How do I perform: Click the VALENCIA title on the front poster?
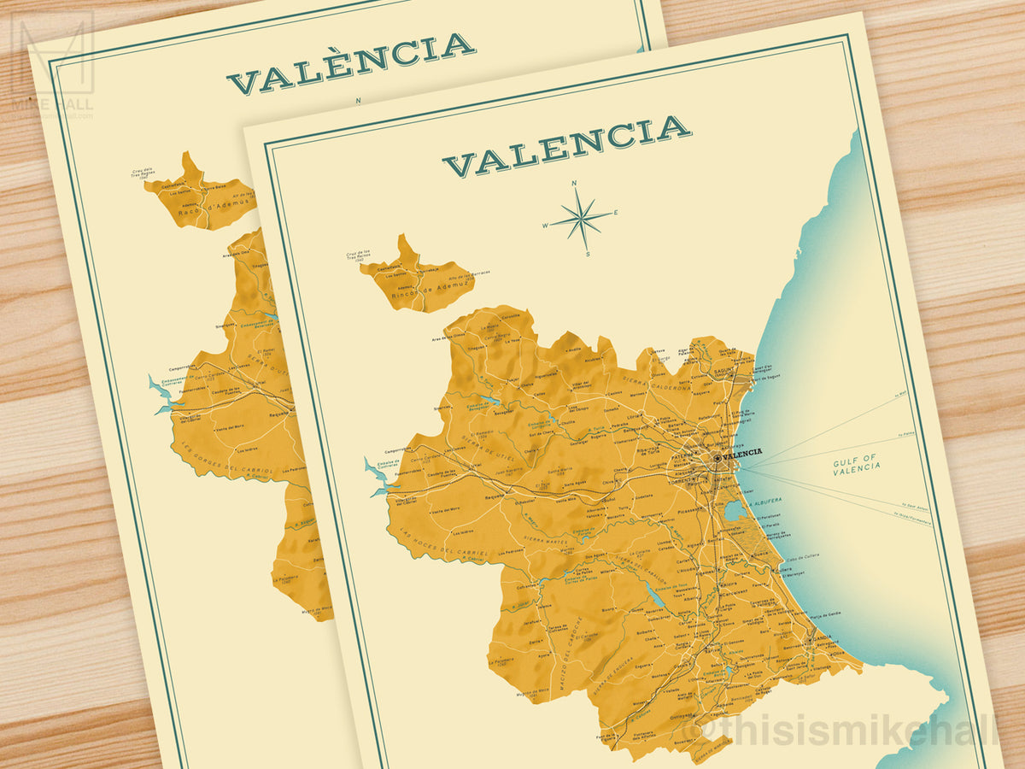pos(566,146)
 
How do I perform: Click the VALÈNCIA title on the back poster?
pos(351,62)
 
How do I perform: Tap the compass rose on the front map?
pos(581,217)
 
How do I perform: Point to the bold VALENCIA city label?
pos(741,455)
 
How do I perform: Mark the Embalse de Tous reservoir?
pos(655,596)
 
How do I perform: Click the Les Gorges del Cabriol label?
pos(226,462)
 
